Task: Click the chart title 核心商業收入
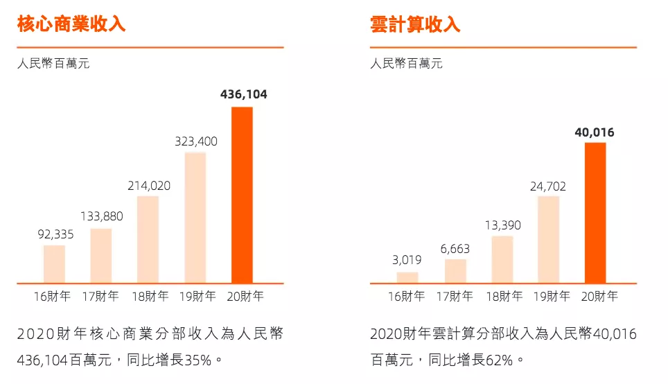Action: (71, 24)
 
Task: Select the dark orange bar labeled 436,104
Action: (242, 195)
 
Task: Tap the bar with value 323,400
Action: (195, 218)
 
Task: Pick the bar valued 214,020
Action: (148, 239)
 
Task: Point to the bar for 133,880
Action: (101, 255)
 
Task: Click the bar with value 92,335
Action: (54, 263)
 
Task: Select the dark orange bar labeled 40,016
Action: (595, 213)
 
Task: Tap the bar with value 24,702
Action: (548, 239)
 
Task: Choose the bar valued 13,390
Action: (502, 259)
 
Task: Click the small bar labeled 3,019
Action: (407, 277)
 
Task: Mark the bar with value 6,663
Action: (455, 271)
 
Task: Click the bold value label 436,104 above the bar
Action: (243, 94)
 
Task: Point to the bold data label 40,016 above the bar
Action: (595, 132)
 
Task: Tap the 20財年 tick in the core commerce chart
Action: (245, 297)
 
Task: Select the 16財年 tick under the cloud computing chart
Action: (406, 297)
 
